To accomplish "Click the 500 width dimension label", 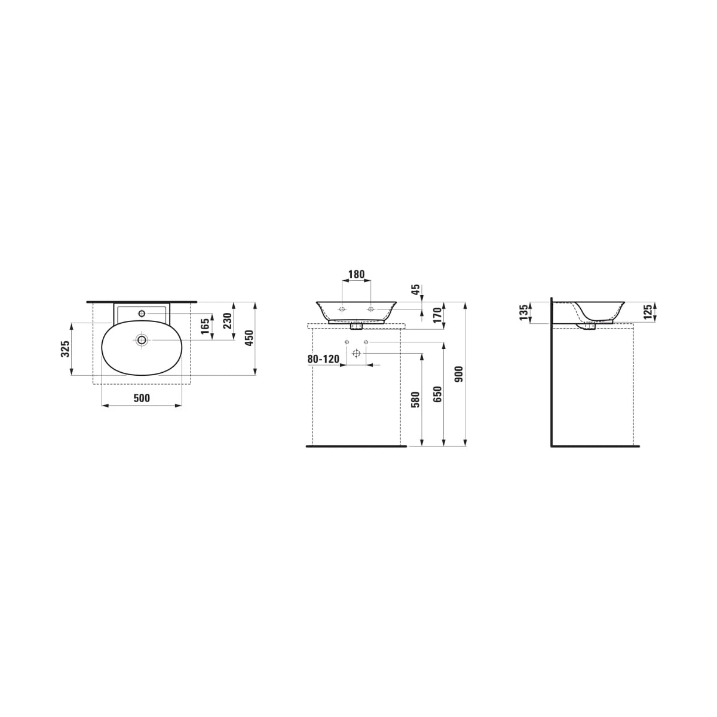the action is coord(142,398).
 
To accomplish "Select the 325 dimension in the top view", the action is coord(66,349).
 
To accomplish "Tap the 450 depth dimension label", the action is coord(249,338).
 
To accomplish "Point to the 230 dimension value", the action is coord(228,321).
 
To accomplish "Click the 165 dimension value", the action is coord(205,326).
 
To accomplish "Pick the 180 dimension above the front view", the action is coord(356,275).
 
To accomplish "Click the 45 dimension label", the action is coord(416,290).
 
